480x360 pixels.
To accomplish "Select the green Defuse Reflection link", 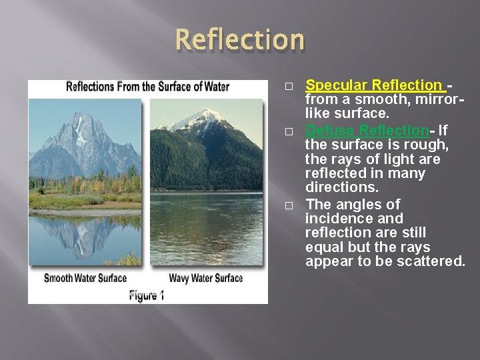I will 366,130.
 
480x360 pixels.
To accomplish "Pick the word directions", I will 342,188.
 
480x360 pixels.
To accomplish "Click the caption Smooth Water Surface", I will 85,278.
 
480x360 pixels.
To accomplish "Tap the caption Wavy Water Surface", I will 206,278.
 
